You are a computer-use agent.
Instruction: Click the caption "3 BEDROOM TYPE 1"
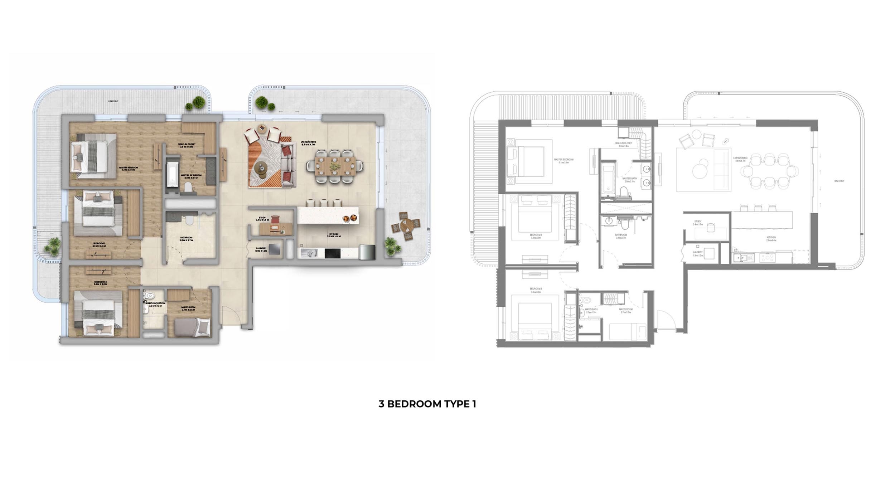tap(427, 404)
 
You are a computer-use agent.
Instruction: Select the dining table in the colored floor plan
tap(335, 166)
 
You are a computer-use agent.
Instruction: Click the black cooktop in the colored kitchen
tap(333, 253)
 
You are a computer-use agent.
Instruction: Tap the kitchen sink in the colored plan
tap(308, 253)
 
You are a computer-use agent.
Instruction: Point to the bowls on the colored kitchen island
tap(349, 218)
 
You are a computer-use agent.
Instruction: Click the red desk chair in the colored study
tap(275, 219)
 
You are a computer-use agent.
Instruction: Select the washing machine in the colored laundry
tap(275, 249)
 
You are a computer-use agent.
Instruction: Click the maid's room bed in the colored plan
tap(192, 327)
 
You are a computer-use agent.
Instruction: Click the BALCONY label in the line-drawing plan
tap(839, 181)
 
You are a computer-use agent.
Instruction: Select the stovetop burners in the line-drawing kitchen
tap(767, 258)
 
